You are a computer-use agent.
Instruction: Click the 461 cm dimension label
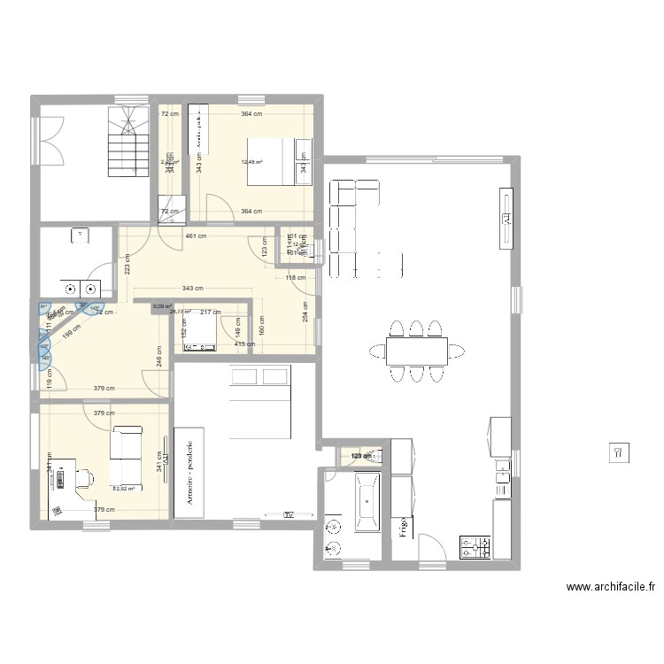tap(196, 236)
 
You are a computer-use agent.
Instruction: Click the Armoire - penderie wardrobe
tap(189, 473)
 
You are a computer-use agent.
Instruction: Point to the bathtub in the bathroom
tap(367, 502)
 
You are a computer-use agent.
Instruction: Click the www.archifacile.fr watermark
tap(611, 586)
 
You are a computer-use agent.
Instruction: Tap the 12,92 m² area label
tap(124, 488)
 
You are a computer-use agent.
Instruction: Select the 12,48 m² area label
tap(251, 162)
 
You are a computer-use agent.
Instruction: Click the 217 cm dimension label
tap(211, 312)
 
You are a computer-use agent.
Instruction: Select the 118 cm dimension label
tap(295, 278)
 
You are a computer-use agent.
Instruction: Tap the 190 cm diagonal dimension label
tap(70, 328)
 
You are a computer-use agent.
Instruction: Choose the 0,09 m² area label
tap(162, 306)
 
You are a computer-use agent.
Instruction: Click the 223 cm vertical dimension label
tap(127, 263)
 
